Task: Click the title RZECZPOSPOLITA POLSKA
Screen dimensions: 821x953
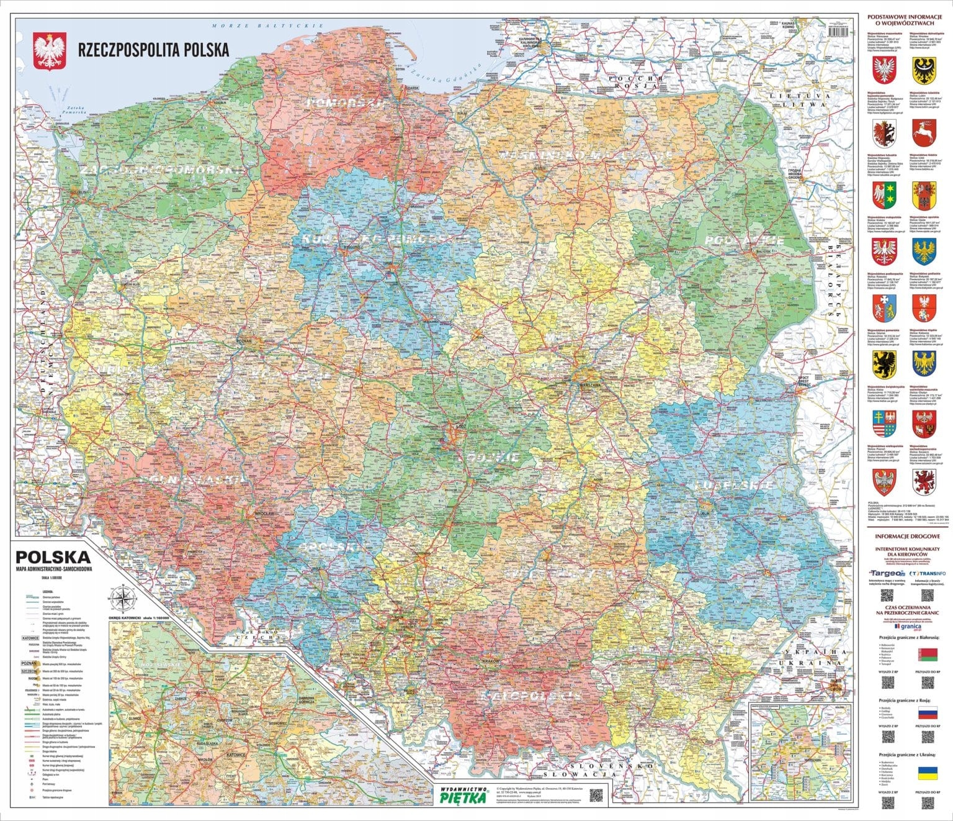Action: coord(151,50)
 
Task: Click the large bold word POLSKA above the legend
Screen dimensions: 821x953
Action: coord(53,556)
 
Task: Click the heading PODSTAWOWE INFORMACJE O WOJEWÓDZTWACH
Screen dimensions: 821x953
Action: coord(903,20)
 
